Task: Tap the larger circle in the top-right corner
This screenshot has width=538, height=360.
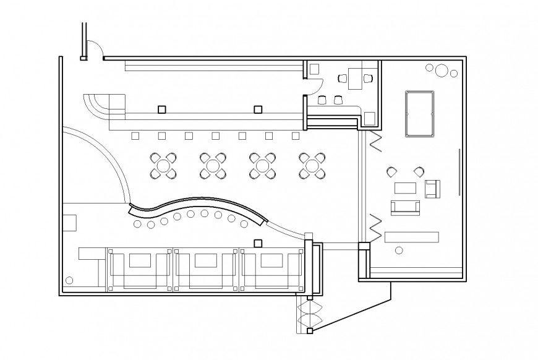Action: click(x=441, y=71)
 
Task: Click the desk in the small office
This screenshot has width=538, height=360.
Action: click(x=355, y=78)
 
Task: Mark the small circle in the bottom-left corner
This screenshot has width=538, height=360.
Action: click(x=69, y=280)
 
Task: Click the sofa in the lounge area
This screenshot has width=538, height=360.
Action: click(x=405, y=208)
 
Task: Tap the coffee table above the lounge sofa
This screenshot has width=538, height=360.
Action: click(x=406, y=187)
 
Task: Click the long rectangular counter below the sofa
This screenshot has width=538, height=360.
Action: click(x=411, y=237)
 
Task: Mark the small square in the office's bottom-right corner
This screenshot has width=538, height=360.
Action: click(x=369, y=117)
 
